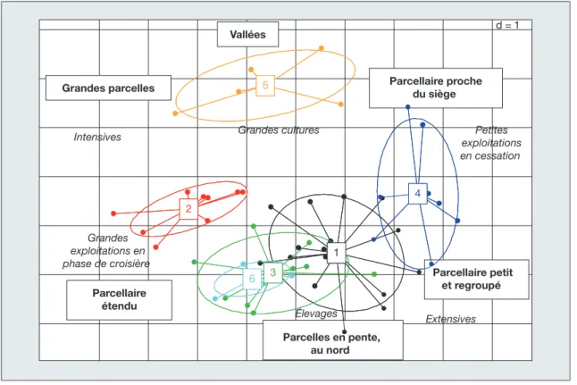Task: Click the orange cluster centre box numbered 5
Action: pyautogui.click(x=265, y=86)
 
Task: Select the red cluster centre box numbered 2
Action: pyautogui.click(x=188, y=209)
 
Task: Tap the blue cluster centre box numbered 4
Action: pyautogui.click(x=418, y=193)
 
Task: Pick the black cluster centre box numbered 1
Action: pyautogui.click(x=336, y=253)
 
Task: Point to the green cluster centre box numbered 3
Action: pyautogui.click(x=273, y=272)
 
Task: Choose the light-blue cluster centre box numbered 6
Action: pyautogui.click(x=252, y=279)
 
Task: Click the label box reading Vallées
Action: pyautogui.click(x=247, y=35)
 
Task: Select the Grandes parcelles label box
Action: pyautogui.click(x=108, y=88)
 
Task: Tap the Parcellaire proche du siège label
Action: pyautogui.click(x=436, y=88)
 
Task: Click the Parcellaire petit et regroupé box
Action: pyautogui.click(x=477, y=280)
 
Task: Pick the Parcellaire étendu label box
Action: pyautogui.click(x=119, y=299)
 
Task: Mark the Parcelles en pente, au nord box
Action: pyautogui.click(x=332, y=340)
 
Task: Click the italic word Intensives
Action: pyautogui.click(x=97, y=137)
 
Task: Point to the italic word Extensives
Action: pyautogui.click(x=451, y=319)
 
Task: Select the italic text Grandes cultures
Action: pyautogui.click(x=279, y=130)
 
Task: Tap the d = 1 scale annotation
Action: pyautogui.click(x=507, y=25)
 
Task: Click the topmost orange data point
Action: pyautogui.click(x=322, y=48)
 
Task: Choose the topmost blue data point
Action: pyautogui.click(x=407, y=107)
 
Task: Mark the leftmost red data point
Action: pyautogui.click(x=113, y=213)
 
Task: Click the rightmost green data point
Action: pyautogui.click(x=374, y=274)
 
